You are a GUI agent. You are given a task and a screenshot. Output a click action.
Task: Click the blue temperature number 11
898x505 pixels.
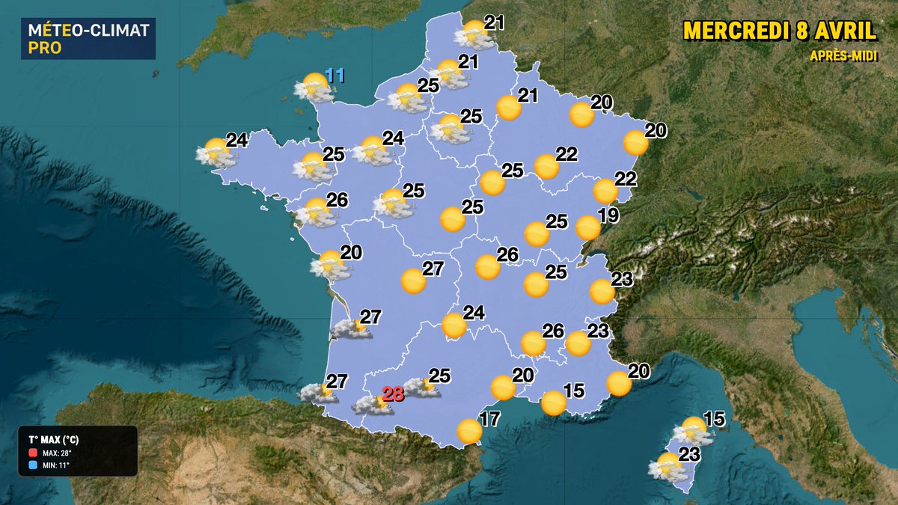pos(334,76)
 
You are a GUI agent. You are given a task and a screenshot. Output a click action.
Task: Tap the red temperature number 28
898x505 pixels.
pos(394,394)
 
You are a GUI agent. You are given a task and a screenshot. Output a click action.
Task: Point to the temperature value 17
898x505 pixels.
pos(489,419)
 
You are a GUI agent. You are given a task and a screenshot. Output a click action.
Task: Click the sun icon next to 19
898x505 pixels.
pos(588,227)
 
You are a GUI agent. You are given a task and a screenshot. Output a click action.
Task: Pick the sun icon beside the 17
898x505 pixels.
pos(469,431)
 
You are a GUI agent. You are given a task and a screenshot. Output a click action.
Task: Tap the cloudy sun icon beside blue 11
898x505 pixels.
pos(314,88)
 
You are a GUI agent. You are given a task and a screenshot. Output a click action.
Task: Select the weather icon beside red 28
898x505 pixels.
pos(373,404)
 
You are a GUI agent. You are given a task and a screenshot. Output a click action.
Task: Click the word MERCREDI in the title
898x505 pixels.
pos(736,31)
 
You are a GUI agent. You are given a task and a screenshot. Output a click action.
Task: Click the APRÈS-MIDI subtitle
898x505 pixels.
pos(842,56)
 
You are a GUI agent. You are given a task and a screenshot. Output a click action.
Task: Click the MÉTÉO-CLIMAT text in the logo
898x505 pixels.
pos(88,31)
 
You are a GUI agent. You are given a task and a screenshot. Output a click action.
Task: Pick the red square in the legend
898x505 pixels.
pos(33,453)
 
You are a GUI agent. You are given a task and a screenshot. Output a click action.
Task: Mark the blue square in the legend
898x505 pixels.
pos(33,465)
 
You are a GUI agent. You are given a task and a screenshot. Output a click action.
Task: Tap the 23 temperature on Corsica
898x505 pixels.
pos(689,453)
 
